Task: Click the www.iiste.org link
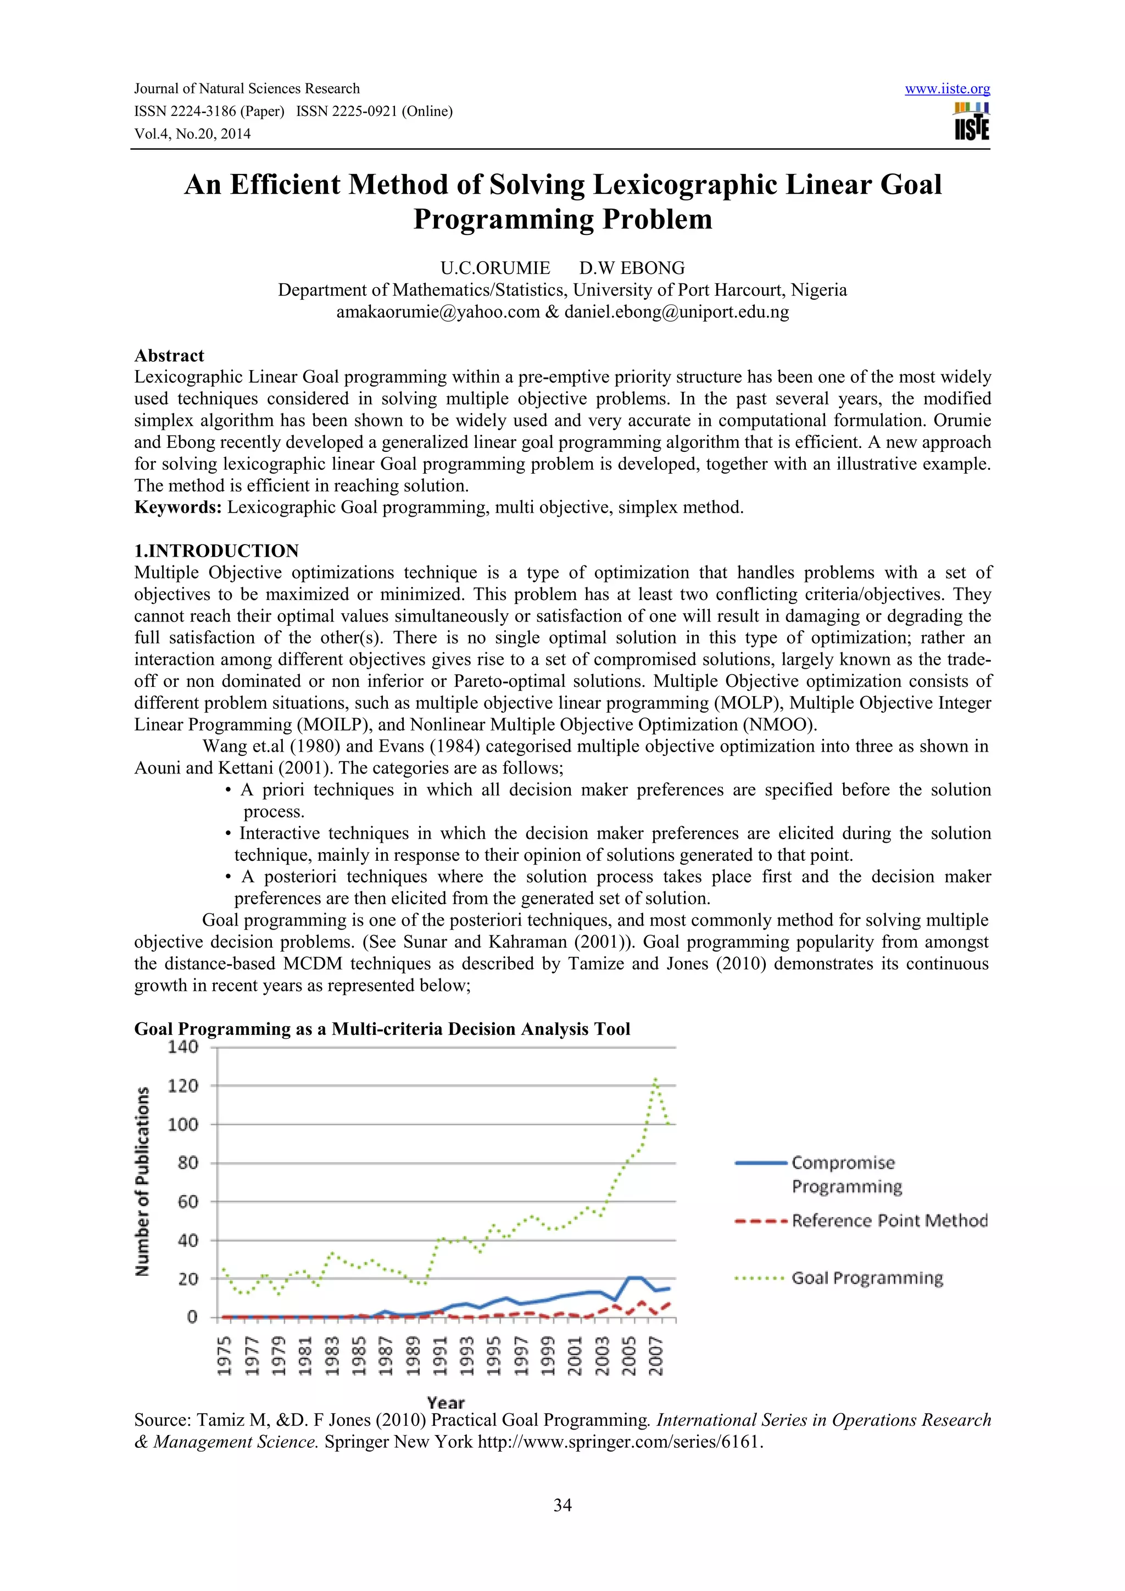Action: [x=947, y=89]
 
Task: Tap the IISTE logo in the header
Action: [x=972, y=122]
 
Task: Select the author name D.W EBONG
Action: [x=632, y=268]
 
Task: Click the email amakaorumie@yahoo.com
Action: [x=437, y=312]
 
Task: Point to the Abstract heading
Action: [x=169, y=356]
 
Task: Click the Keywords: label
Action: [x=178, y=507]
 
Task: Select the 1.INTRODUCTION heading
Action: [x=216, y=551]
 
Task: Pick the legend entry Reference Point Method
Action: [x=889, y=1221]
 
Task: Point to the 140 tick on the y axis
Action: [x=183, y=1047]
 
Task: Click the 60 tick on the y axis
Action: [x=188, y=1202]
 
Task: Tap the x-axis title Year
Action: [x=445, y=1403]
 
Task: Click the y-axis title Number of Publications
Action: [x=142, y=1182]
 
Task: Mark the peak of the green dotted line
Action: [x=655, y=1079]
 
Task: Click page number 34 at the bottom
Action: [x=562, y=1505]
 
